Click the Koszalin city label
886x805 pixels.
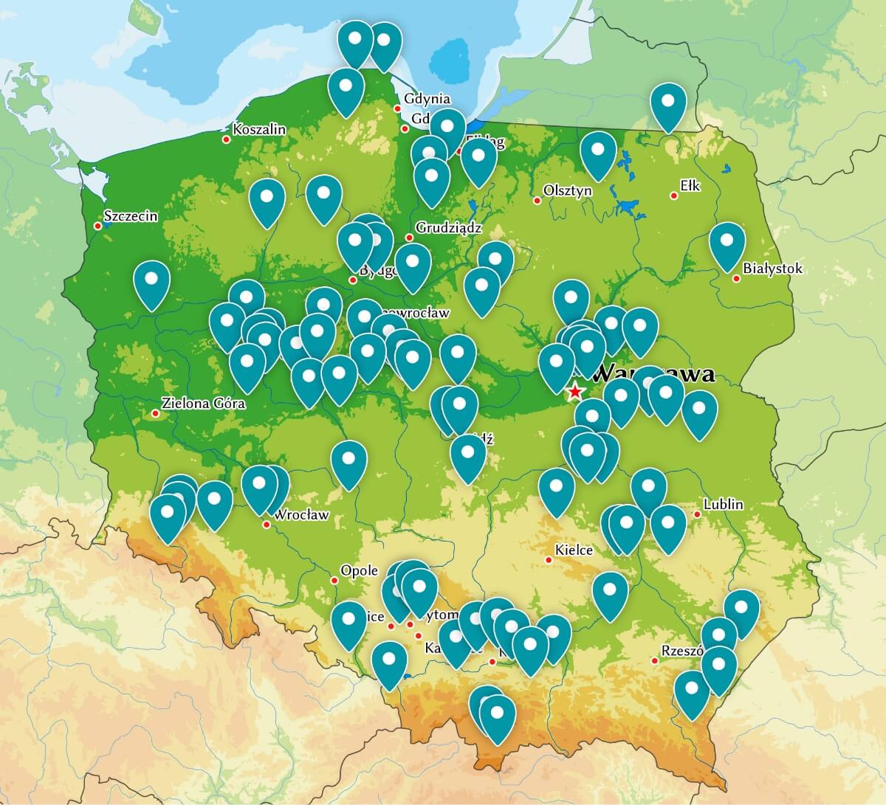click(258, 130)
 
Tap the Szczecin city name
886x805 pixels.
click(131, 216)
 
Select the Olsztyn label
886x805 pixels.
click(567, 190)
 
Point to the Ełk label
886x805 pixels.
click(690, 187)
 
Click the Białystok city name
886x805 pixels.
click(773, 269)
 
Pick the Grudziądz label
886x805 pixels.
click(448, 228)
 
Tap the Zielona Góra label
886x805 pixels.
click(203, 404)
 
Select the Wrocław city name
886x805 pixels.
click(301, 515)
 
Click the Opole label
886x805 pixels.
click(359, 570)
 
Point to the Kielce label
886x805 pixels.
click(574, 550)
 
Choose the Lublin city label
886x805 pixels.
click(723, 505)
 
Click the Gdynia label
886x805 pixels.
click(427, 99)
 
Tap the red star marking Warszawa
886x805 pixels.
click(574, 392)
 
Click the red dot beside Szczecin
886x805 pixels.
click(97, 225)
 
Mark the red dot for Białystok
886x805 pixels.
click(736, 278)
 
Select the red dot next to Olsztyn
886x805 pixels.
click(537, 200)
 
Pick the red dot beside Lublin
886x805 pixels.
click(697, 514)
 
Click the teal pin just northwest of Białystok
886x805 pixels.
click(727, 243)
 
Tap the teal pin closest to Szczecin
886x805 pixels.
click(152, 282)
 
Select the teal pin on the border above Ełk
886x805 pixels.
click(668, 104)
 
